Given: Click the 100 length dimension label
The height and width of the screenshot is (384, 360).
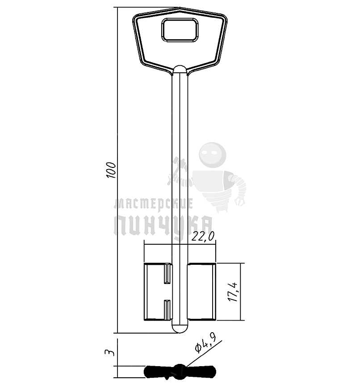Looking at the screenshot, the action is [111, 170].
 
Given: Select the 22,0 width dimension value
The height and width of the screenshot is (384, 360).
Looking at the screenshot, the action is [203, 237].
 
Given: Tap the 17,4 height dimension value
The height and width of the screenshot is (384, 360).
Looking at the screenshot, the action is [233, 292].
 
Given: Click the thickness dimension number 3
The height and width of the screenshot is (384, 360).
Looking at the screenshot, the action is [109, 352].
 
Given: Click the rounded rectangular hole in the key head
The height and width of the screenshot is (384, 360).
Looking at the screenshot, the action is [180, 30].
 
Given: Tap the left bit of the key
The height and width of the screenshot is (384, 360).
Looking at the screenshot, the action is [158, 292].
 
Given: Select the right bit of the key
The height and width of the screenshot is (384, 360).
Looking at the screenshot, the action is [201, 292].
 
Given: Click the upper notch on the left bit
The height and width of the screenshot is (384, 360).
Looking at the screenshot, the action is [167, 274].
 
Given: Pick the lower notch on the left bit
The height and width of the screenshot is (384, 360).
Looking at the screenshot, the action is [167, 309].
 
